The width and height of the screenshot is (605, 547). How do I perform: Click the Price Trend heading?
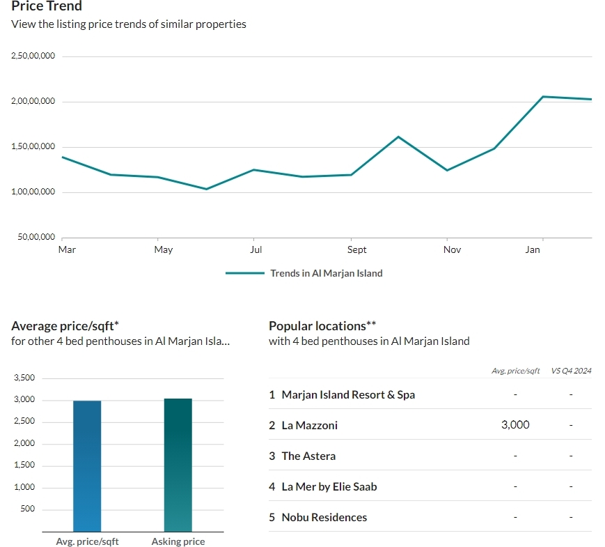[47, 6]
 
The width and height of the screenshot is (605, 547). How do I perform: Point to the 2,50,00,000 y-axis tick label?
[33, 56]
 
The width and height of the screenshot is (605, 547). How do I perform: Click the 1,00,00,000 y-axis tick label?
[33, 192]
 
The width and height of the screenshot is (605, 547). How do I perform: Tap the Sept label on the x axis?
[356, 250]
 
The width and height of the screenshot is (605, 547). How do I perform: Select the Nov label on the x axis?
[452, 249]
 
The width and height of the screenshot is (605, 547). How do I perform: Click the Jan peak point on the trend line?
[542, 97]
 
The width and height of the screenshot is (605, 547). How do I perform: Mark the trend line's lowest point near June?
[207, 189]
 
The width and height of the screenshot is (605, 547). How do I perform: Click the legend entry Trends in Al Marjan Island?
[327, 273]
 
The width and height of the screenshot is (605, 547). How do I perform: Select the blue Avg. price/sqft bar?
[87, 466]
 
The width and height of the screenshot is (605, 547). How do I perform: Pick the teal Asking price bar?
[178, 465]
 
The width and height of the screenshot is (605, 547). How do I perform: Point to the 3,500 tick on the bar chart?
[24, 378]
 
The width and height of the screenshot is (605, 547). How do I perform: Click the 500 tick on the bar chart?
[27, 509]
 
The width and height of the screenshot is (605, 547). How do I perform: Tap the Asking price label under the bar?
[178, 541]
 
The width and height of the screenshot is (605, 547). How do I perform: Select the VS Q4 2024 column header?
[571, 371]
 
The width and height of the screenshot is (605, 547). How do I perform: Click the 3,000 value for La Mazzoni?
[515, 425]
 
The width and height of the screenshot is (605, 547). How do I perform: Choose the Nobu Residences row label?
[324, 517]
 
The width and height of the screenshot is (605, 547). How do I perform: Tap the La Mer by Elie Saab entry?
[329, 487]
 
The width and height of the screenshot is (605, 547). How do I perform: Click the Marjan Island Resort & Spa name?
[348, 395]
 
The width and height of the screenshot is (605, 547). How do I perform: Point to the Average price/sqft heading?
[65, 326]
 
